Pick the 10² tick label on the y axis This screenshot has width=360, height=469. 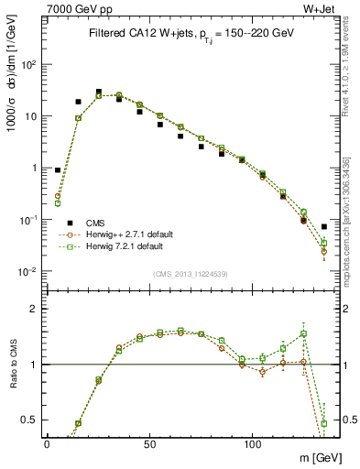click(x=28, y=65)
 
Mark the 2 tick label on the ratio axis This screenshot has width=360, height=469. click(x=34, y=309)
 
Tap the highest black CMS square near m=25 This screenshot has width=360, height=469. click(x=98, y=92)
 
